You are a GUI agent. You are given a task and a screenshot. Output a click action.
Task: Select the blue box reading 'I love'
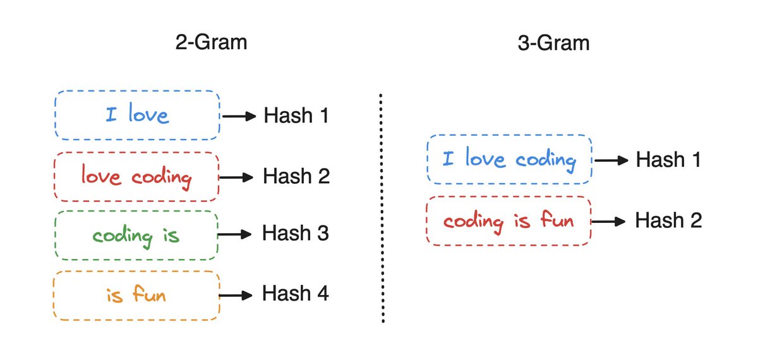pos(137,116)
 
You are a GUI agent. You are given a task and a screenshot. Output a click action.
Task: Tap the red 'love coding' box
pos(136,176)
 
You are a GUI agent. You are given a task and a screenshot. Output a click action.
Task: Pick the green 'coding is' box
pos(136,236)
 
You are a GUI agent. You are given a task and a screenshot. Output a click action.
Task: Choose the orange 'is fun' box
pos(136,294)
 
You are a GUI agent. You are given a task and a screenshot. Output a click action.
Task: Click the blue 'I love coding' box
pos(509,159)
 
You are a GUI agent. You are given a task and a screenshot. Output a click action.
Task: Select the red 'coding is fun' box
pos(508,221)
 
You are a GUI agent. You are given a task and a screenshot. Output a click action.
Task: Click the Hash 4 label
pos(296,294)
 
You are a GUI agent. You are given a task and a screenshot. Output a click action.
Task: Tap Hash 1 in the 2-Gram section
pos(296,116)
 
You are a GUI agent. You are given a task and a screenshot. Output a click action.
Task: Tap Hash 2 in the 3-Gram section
pos(668,220)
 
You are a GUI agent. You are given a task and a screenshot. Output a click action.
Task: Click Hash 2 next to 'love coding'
pos(296,176)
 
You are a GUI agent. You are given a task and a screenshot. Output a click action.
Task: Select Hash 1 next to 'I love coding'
pos(668,160)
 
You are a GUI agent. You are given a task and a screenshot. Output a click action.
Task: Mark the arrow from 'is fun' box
pos(238,295)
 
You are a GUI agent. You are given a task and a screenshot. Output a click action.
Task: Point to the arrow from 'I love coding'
pos(611,160)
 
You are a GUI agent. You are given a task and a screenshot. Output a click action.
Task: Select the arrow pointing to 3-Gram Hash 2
pos(611,221)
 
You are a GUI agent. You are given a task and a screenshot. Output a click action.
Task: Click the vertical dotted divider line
pos(382,208)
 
